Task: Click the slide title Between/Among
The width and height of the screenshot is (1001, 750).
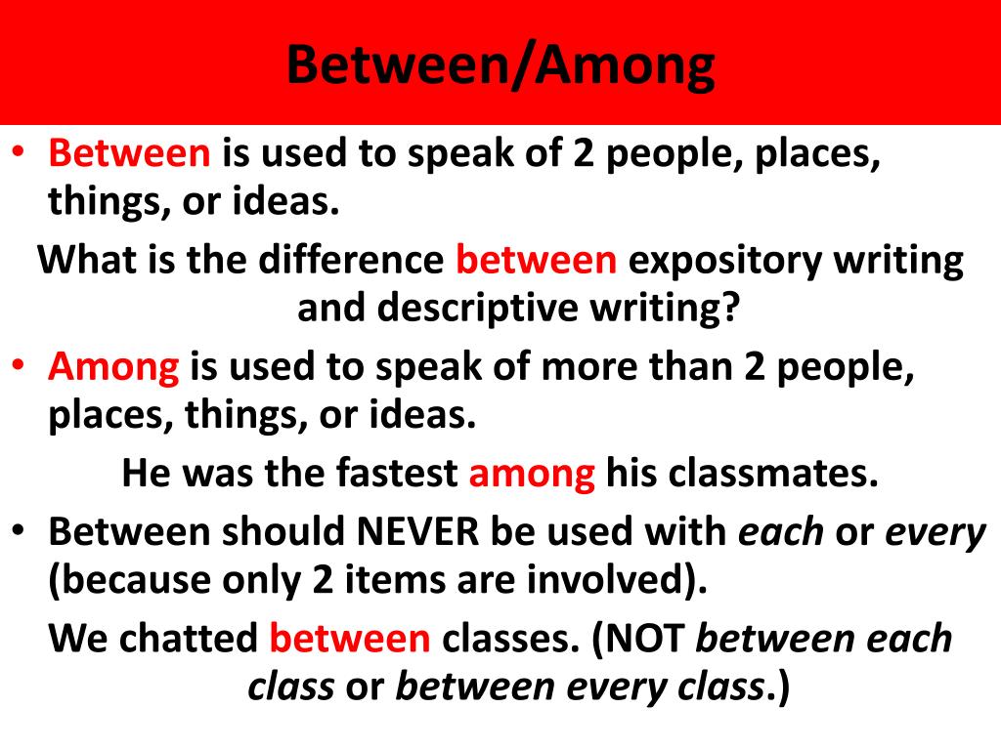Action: coord(500,65)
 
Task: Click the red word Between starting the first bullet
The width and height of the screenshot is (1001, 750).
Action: coord(130,155)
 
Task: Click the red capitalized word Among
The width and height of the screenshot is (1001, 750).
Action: coord(114,368)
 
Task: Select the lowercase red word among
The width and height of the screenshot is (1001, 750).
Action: coord(532,474)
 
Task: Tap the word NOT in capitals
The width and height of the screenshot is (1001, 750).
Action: coord(646,638)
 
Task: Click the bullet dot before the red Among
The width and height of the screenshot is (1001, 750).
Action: coord(21,364)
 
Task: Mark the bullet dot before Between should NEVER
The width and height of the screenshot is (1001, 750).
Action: coord(21,528)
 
